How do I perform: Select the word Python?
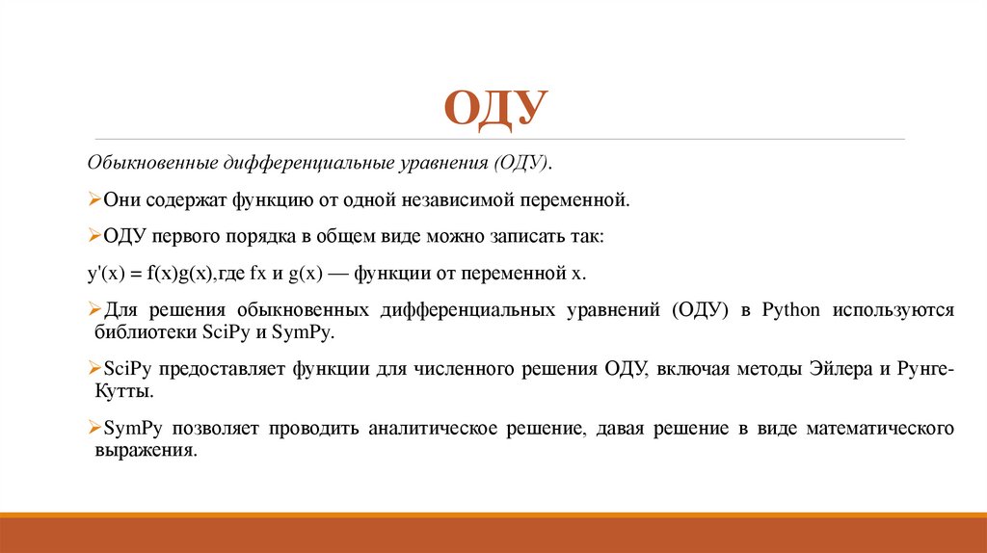click(x=789, y=310)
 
